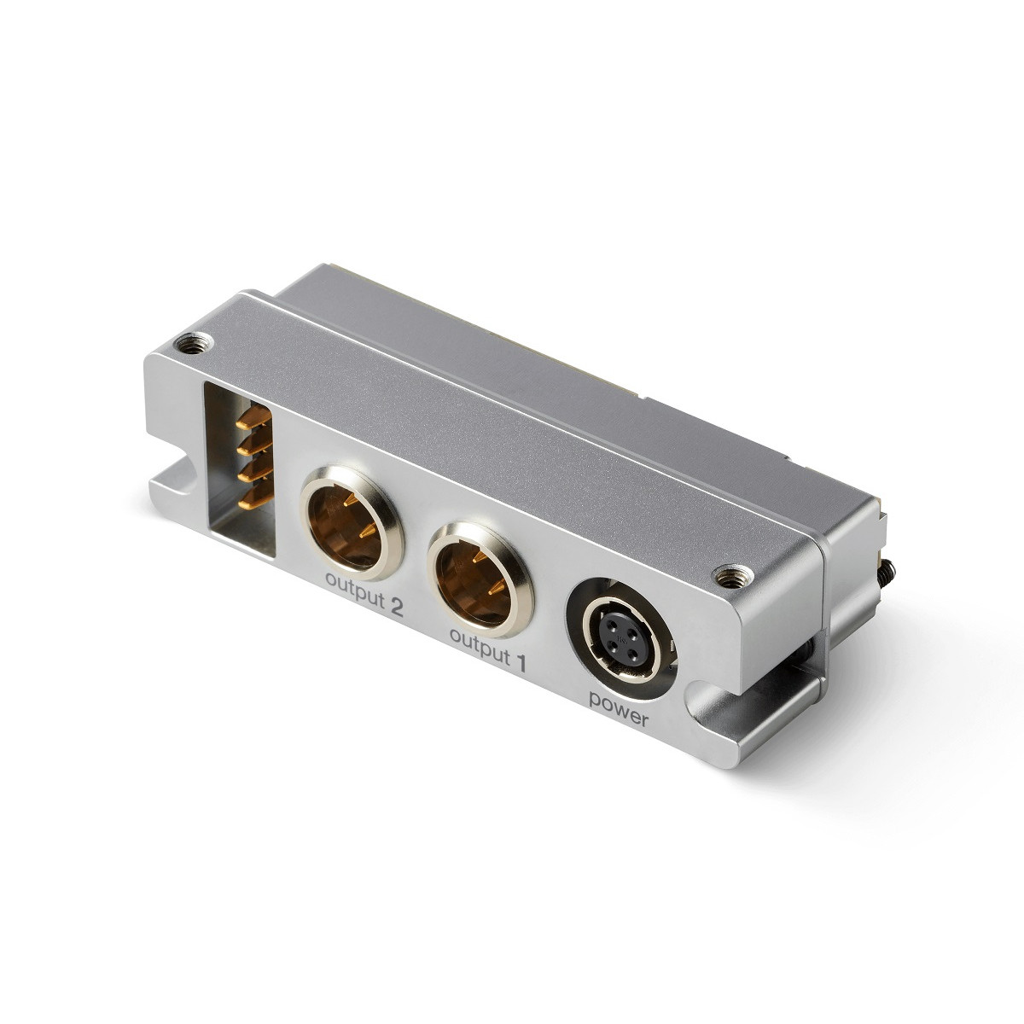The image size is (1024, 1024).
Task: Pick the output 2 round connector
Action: [352, 522]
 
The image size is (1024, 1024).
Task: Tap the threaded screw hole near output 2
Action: [193, 345]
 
